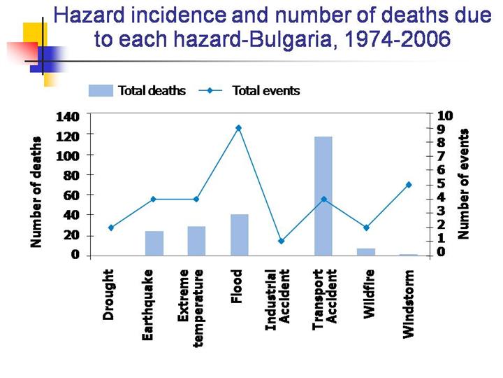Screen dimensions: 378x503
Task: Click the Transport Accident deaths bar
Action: tap(323, 196)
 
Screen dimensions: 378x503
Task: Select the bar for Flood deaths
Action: tap(239, 234)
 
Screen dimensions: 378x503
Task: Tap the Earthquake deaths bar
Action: tap(154, 243)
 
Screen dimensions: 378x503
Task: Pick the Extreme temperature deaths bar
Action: tap(196, 241)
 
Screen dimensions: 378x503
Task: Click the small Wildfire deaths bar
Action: tap(365, 251)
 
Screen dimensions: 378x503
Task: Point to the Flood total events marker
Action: tap(239, 128)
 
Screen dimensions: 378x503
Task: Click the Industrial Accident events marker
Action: tap(281, 241)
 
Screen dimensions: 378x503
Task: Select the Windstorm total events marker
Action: tap(408, 185)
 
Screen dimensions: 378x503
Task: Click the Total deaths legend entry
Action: tap(138, 90)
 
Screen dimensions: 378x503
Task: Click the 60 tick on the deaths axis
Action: tap(75, 195)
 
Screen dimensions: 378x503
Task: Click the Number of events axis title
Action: tap(463, 183)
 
